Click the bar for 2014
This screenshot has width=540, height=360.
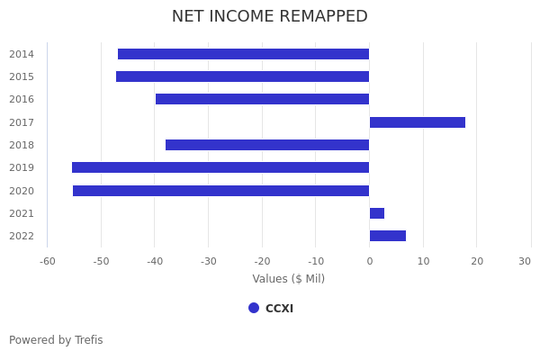pos(243,54)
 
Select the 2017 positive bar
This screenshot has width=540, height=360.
pos(418,122)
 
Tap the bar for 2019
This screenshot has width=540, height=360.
pos(220,167)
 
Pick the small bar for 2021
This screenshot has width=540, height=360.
pos(377,213)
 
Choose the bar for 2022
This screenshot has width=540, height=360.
pos(388,236)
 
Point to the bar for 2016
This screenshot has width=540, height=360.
pos(262,99)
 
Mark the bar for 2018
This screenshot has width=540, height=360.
pos(267,145)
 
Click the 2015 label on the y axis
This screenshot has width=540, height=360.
pos(22,76)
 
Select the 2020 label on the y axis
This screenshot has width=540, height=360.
pos(22,191)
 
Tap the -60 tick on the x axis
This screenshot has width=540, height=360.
pos(48,261)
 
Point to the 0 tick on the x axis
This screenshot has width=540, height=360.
pos(369,261)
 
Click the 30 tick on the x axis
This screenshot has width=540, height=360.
pos(525,261)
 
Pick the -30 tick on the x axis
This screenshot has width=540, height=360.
pos(209,261)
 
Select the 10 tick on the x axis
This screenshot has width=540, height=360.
pos(423,261)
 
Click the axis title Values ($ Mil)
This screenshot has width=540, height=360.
pos(288,279)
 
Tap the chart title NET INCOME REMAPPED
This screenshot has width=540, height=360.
pos(270,16)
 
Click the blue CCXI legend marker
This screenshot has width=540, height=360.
pos(254,308)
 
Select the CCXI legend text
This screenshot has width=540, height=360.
pos(279,309)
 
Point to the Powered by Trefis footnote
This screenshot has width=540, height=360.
pos(56,340)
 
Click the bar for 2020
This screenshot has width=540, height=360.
pos(220,191)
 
